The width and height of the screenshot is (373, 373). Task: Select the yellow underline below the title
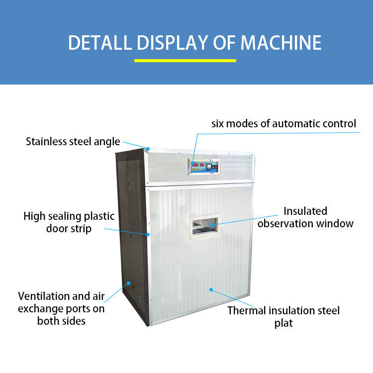pos(185,61)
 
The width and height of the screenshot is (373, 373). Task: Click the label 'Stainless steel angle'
pos(73,142)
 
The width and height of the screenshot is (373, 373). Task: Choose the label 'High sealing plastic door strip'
pos(69,222)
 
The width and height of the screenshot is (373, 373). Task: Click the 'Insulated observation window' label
pos(305,217)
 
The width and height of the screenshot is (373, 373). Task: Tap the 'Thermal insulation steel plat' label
pos(283,317)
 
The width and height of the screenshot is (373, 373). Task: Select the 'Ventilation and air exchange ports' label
pos(61,308)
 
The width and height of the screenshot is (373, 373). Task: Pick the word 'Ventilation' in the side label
pos(44,296)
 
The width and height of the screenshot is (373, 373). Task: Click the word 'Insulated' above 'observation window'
pos(305,211)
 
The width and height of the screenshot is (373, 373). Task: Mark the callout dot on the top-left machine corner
pos(148,148)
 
